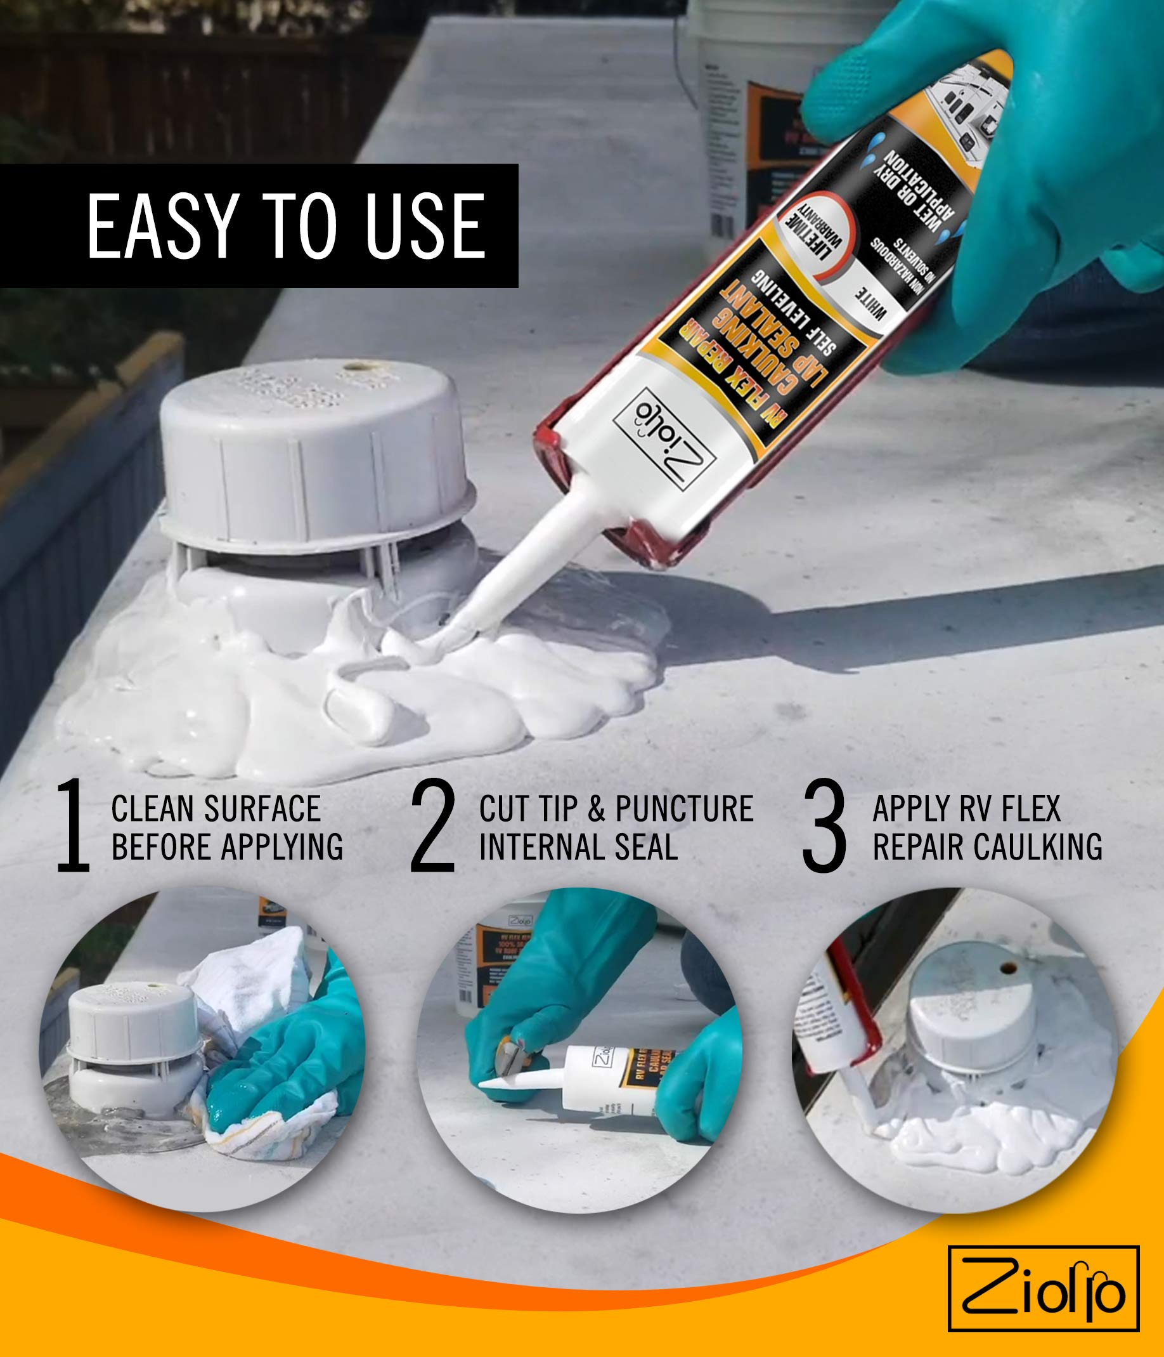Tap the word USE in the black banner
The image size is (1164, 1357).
pyautogui.click(x=425, y=226)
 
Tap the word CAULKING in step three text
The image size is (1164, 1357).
pyautogui.click(x=1038, y=847)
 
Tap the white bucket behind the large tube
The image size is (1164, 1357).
pyautogui.click(x=740, y=118)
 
